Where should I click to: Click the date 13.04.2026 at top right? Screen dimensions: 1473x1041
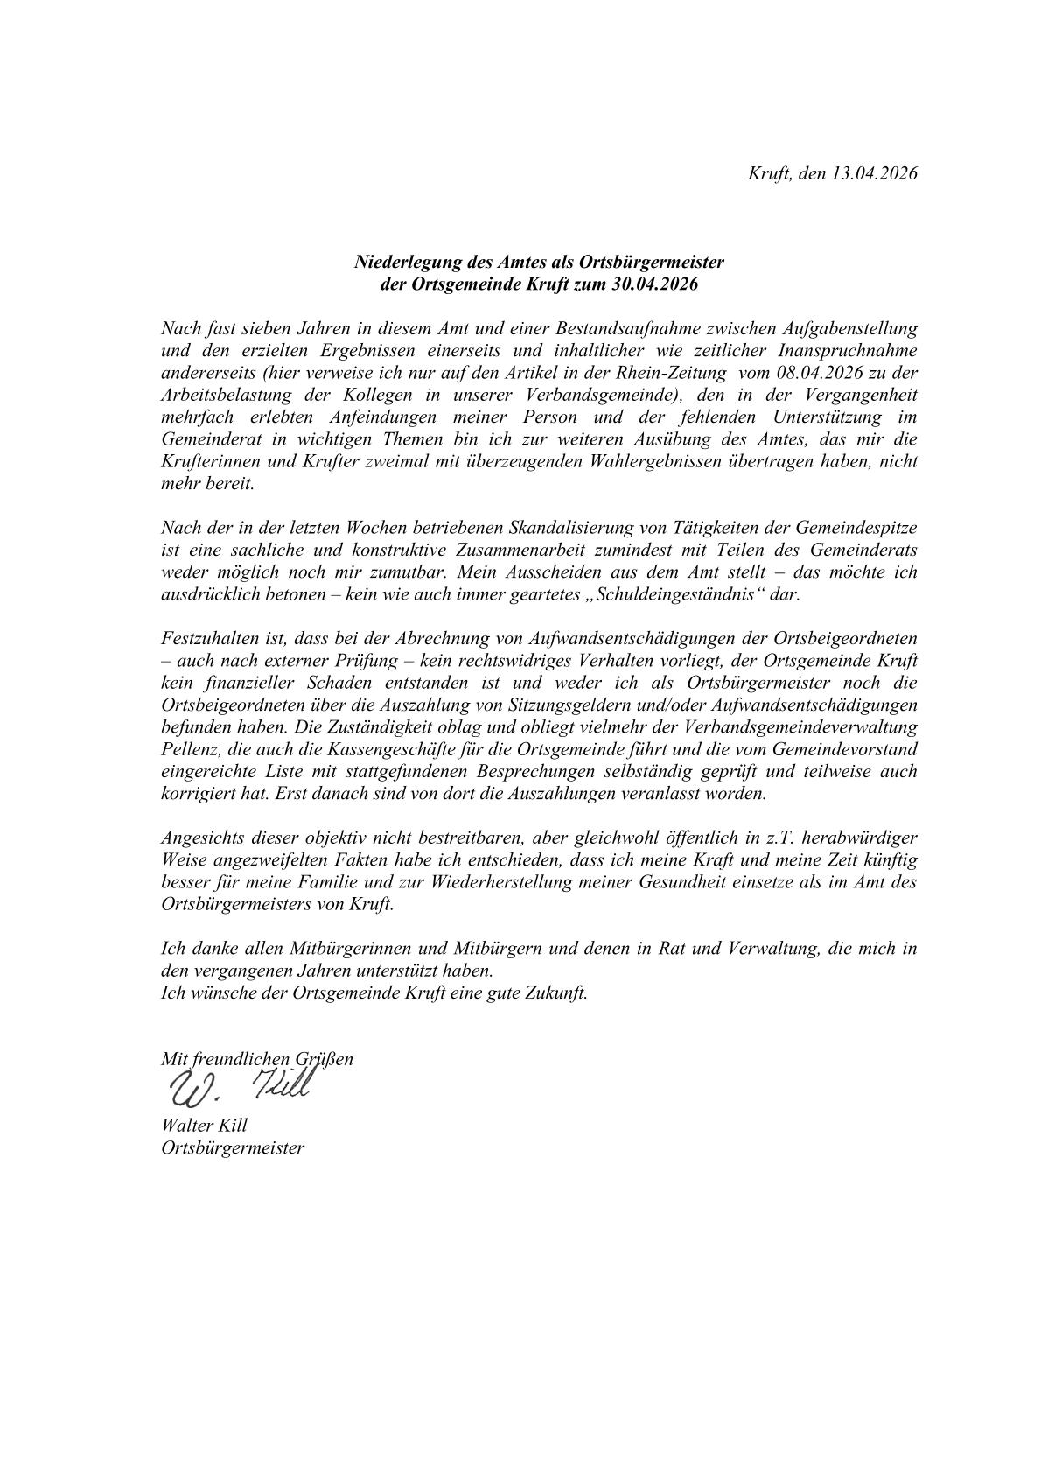point(874,173)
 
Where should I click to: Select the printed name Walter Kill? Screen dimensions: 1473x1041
point(204,1126)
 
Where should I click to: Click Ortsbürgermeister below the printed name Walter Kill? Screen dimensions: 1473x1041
point(233,1147)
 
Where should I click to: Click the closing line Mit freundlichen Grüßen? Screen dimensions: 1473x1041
point(257,1058)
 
